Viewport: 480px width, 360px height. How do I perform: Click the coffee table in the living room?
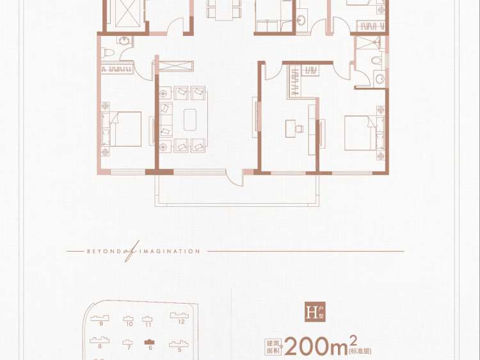click(x=190, y=120)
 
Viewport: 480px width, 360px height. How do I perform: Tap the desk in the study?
click(x=290, y=128)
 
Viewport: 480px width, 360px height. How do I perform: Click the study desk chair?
click(x=300, y=129)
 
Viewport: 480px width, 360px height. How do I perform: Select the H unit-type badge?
click(x=315, y=312)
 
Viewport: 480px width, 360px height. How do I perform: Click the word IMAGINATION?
click(x=170, y=252)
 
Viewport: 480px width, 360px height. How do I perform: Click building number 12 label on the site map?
click(x=181, y=322)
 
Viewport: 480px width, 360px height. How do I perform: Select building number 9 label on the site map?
click(x=101, y=323)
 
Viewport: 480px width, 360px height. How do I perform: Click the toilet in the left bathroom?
click(x=108, y=53)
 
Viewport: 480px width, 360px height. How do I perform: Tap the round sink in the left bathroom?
click(x=125, y=41)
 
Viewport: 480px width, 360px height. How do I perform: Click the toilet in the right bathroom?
click(x=376, y=60)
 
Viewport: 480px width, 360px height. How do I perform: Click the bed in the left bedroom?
click(x=122, y=129)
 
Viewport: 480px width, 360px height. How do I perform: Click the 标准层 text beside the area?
click(x=360, y=351)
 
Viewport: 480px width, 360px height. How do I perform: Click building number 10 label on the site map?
click(x=129, y=324)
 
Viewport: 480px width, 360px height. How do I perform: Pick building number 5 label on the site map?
click(x=179, y=350)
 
